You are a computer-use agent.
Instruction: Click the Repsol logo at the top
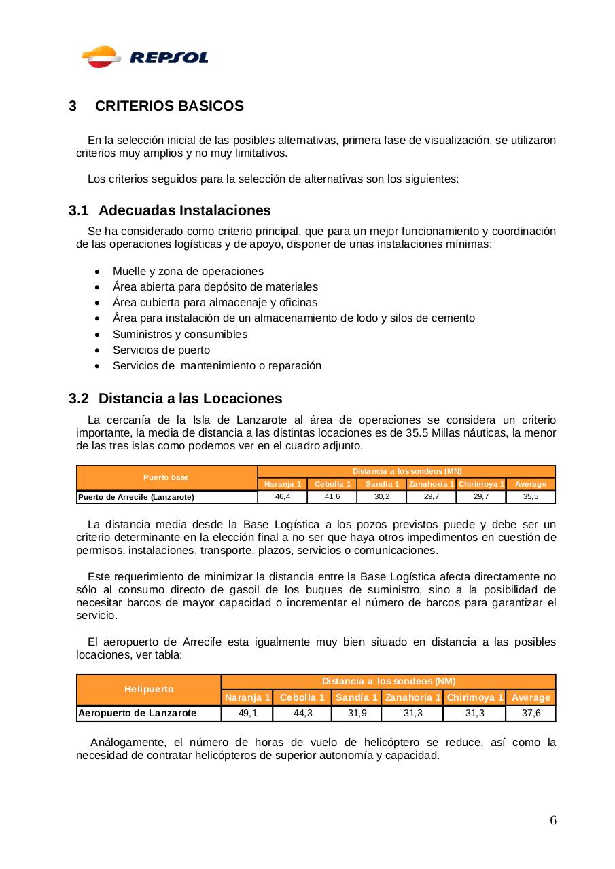pyautogui.click(x=144, y=57)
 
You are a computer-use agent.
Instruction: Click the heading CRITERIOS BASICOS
pyautogui.click(x=169, y=107)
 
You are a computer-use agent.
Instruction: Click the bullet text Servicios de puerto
pyautogui.click(x=161, y=350)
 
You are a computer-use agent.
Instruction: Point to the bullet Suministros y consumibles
pyautogui.click(x=179, y=334)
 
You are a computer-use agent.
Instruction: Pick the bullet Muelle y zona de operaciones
pyautogui.click(x=188, y=271)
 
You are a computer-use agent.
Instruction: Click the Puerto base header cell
pyautogui.click(x=166, y=477)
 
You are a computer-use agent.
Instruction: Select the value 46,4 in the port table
pyautogui.click(x=283, y=497)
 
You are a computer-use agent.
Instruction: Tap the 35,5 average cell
pyautogui.click(x=531, y=497)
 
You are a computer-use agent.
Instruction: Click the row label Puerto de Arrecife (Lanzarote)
pyautogui.click(x=137, y=497)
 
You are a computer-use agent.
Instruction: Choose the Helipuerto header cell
pyautogui.click(x=149, y=689)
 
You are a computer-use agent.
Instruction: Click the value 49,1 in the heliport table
pyautogui.click(x=247, y=713)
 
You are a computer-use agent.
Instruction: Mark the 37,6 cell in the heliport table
pyautogui.click(x=531, y=713)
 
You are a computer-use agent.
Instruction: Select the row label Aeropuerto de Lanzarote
pyautogui.click(x=137, y=713)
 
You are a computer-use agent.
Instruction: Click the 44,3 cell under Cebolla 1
pyautogui.click(x=302, y=713)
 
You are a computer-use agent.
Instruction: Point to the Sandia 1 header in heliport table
pyautogui.click(x=357, y=697)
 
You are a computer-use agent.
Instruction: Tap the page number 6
pyautogui.click(x=552, y=821)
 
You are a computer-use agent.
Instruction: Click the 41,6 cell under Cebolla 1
pyautogui.click(x=332, y=497)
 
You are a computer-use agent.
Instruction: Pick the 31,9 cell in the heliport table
pyautogui.click(x=357, y=713)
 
